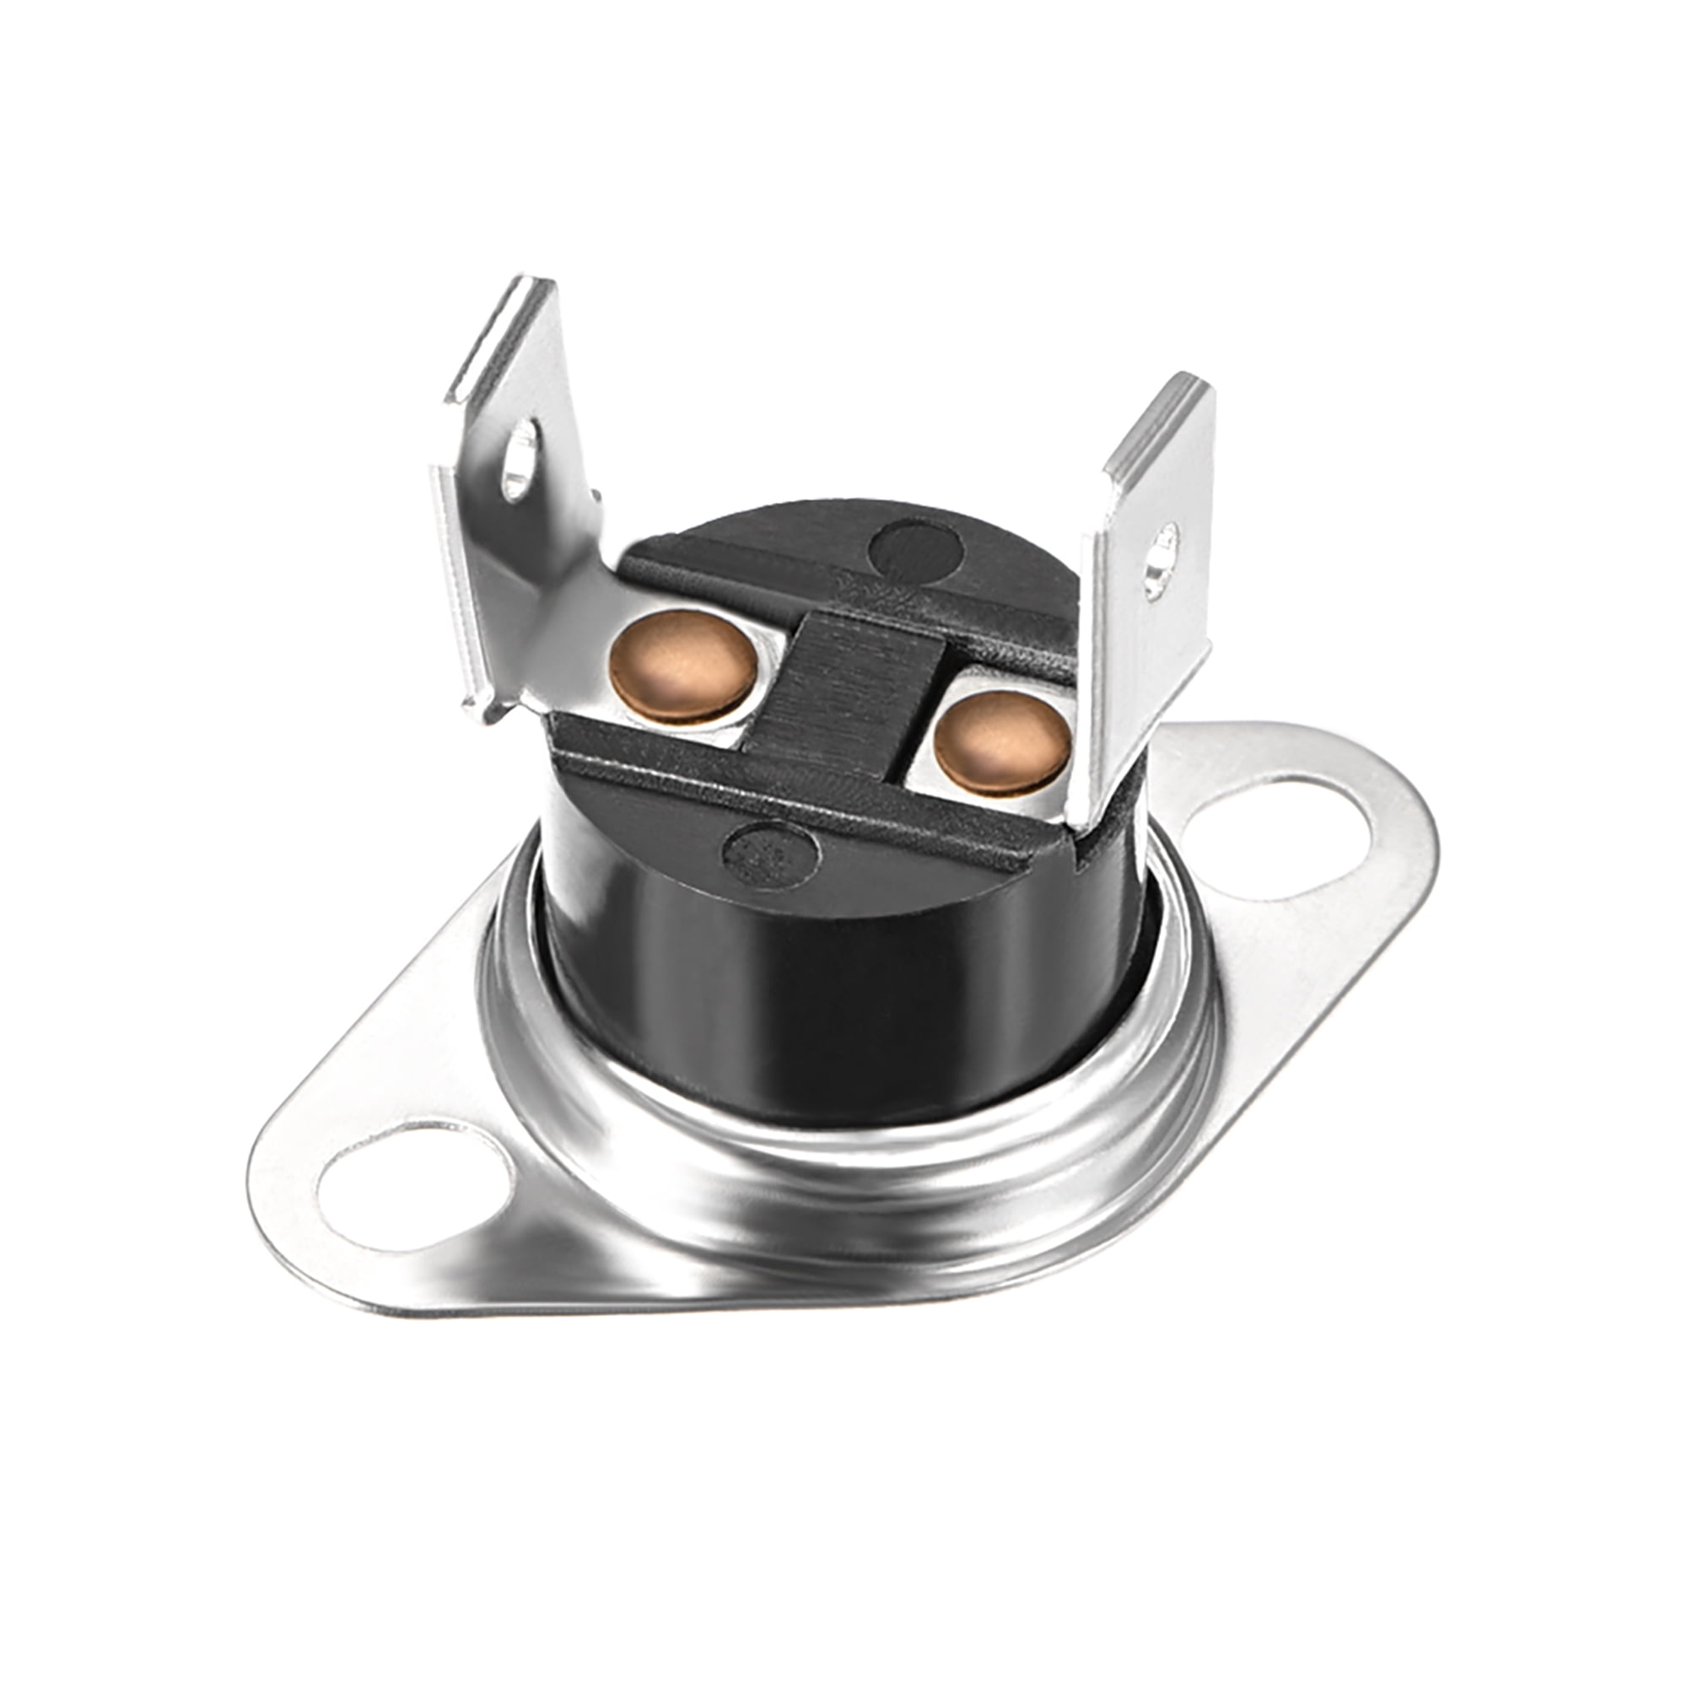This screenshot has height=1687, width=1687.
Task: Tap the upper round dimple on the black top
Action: pos(917,548)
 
